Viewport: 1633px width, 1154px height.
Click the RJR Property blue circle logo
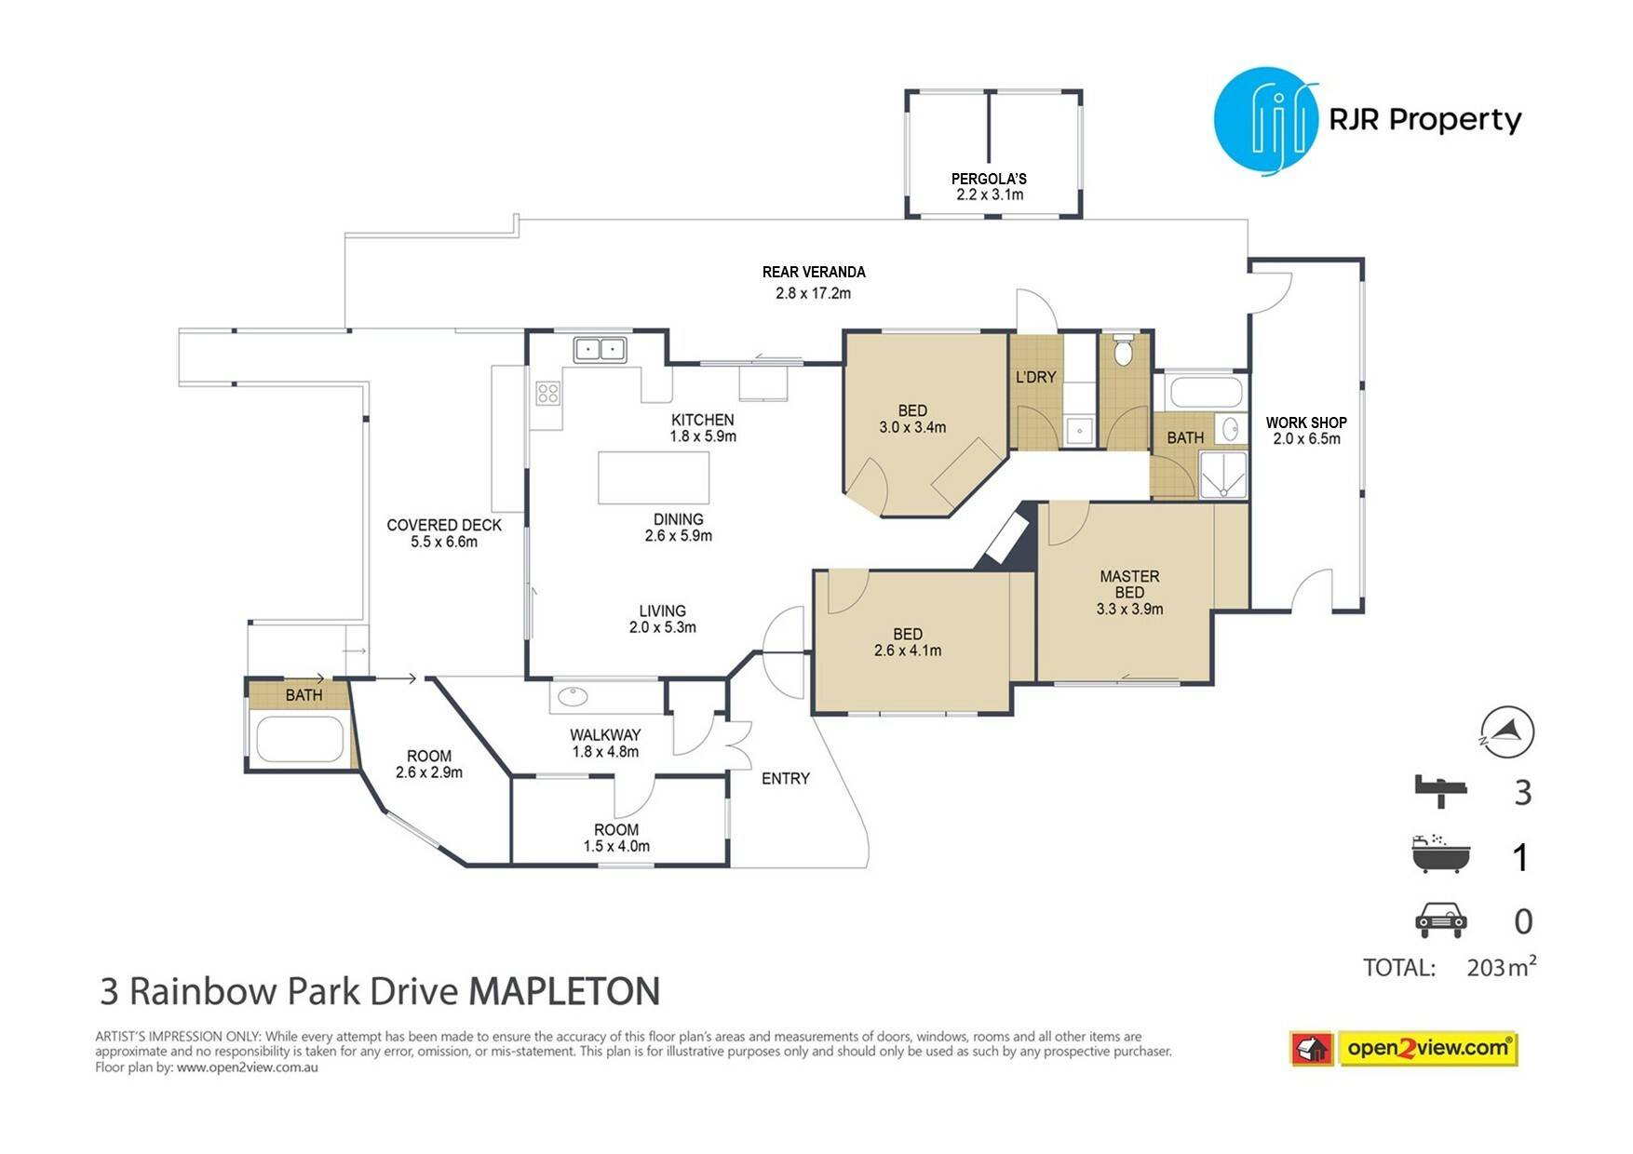[x=1266, y=121]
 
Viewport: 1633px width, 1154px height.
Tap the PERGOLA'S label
[x=989, y=179]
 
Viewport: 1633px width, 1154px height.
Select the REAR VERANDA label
[x=814, y=272]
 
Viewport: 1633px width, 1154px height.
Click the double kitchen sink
[x=601, y=349]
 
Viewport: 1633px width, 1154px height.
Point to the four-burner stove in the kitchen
[x=547, y=393]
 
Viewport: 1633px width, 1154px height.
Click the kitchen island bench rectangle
[x=654, y=477]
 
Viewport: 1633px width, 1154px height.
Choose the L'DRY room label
[x=1035, y=377]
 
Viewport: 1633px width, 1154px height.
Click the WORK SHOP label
[x=1306, y=423]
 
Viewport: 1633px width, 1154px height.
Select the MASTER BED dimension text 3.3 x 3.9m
[x=1129, y=610]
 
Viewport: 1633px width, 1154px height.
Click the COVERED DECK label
[x=444, y=525]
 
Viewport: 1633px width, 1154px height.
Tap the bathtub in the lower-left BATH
[x=300, y=740]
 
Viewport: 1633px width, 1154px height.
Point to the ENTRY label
[x=786, y=778]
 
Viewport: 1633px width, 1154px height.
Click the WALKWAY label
[x=605, y=735]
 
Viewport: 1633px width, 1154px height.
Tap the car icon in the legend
[x=1440, y=919]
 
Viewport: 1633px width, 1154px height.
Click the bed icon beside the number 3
[x=1440, y=791]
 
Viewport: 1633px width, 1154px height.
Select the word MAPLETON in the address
[x=564, y=991]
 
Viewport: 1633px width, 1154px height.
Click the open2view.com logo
[x=1403, y=1048]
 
